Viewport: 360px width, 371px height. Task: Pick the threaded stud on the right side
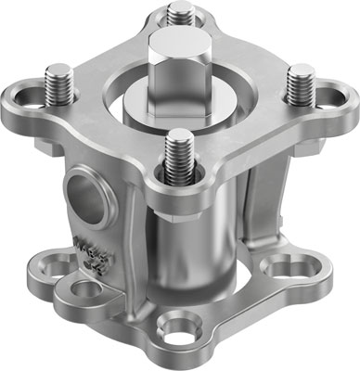299,85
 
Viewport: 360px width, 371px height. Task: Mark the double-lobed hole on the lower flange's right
281,269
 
